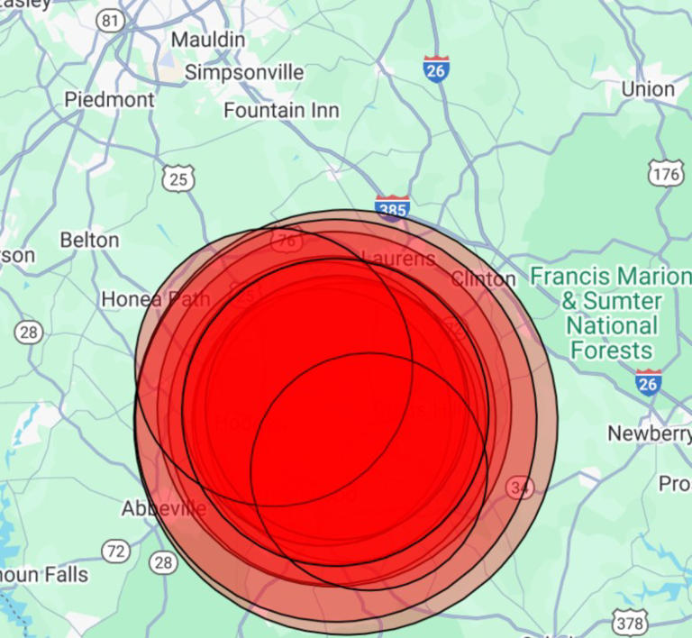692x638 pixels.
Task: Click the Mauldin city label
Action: (x=207, y=40)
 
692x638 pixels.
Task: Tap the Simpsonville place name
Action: (x=244, y=72)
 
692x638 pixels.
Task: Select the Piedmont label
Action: (x=109, y=100)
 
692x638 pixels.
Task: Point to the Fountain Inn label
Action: (x=281, y=111)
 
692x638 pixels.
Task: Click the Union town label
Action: (x=648, y=88)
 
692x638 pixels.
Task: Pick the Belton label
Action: (x=89, y=240)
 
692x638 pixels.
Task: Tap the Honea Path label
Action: (x=156, y=298)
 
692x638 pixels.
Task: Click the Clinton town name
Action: (x=483, y=278)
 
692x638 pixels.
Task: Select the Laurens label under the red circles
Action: (x=398, y=259)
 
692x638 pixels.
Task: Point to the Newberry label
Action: (x=649, y=433)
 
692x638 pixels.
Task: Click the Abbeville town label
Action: (x=164, y=509)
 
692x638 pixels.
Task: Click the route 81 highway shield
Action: (x=112, y=20)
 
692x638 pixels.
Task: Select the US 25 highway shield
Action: (x=178, y=179)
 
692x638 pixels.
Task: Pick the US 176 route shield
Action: (x=666, y=174)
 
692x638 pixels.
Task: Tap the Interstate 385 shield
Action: (x=392, y=208)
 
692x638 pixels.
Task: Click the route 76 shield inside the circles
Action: (x=287, y=240)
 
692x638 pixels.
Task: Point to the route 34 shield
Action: (x=520, y=488)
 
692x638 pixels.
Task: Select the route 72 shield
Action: (x=115, y=551)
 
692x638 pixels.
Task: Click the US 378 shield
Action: (x=629, y=622)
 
